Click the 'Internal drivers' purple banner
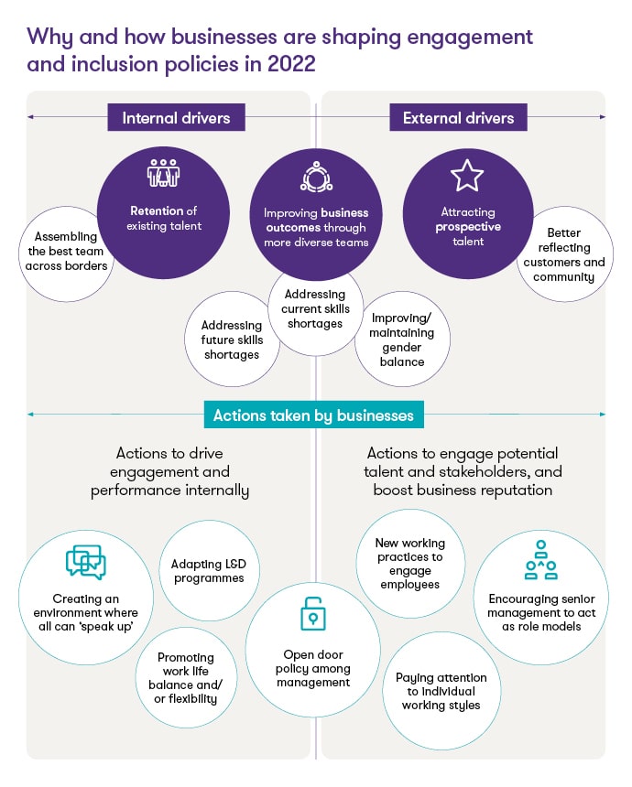click(x=176, y=117)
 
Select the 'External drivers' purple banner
click(x=458, y=117)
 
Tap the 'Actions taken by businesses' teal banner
click(x=313, y=415)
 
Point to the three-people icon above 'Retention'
click(x=163, y=174)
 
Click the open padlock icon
click(x=314, y=616)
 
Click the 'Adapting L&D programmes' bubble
click(x=208, y=571)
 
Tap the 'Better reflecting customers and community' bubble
click(x=564, y=254)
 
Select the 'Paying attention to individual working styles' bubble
click(x=441, y=691)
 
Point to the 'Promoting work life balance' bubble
click(x=187, y=678)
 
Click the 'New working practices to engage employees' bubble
click(x=409, y=564)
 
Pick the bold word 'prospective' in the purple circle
click(x=468, y=227)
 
